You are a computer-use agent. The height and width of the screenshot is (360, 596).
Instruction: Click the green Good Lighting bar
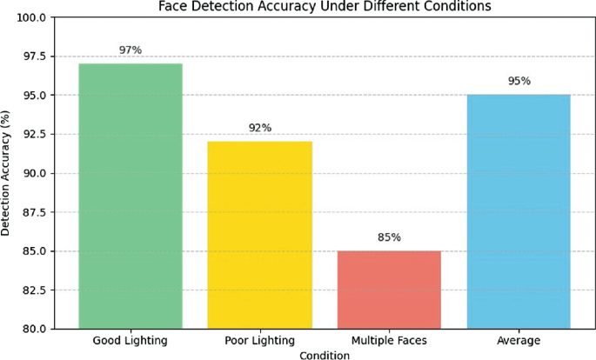(x=131, y=196)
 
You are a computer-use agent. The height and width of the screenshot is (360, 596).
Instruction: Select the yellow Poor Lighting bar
(x=260, y=235)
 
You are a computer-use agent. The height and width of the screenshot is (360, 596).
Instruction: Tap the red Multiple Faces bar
(x=389, y=290)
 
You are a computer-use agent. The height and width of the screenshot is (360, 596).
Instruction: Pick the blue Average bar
(x=519, y=211)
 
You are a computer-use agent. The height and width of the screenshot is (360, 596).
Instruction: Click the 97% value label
(x=131, y=50)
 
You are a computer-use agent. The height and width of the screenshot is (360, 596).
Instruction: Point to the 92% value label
(x=260, y=128)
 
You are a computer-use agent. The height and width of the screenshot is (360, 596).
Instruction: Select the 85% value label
(x=389, y=237)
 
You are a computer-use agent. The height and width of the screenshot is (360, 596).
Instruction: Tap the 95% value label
(x=519, y=82)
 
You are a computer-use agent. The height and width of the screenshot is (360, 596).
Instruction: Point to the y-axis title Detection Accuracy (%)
(x=8, y=173)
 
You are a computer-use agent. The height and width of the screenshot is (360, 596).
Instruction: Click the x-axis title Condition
(x=324, y=355)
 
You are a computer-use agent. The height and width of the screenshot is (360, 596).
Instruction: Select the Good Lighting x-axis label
(x=131, y=339)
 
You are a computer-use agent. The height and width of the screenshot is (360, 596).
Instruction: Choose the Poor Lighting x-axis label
(x=260, y=339)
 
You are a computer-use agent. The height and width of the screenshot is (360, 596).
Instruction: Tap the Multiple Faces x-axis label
(x=389, y=339)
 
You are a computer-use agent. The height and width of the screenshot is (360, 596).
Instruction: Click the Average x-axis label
(x=519, y=339)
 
